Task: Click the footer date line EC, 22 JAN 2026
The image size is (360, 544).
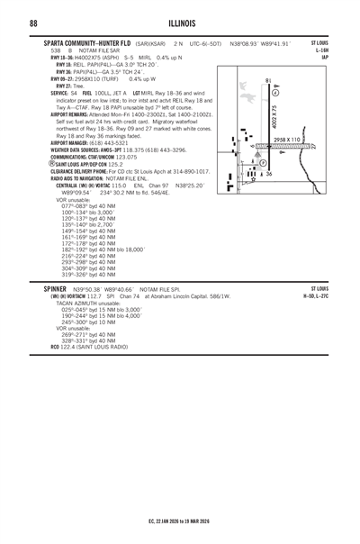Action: [180, 520]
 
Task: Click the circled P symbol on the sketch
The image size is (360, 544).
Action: [263, 163]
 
